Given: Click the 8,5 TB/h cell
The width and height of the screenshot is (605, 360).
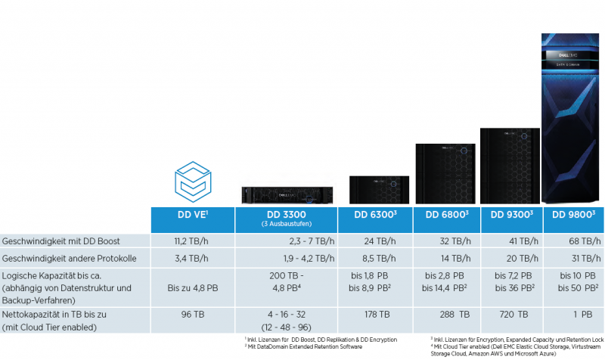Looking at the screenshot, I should (x=375, y=258).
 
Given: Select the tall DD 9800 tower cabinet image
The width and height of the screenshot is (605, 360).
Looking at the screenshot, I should (x=573, y=117).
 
